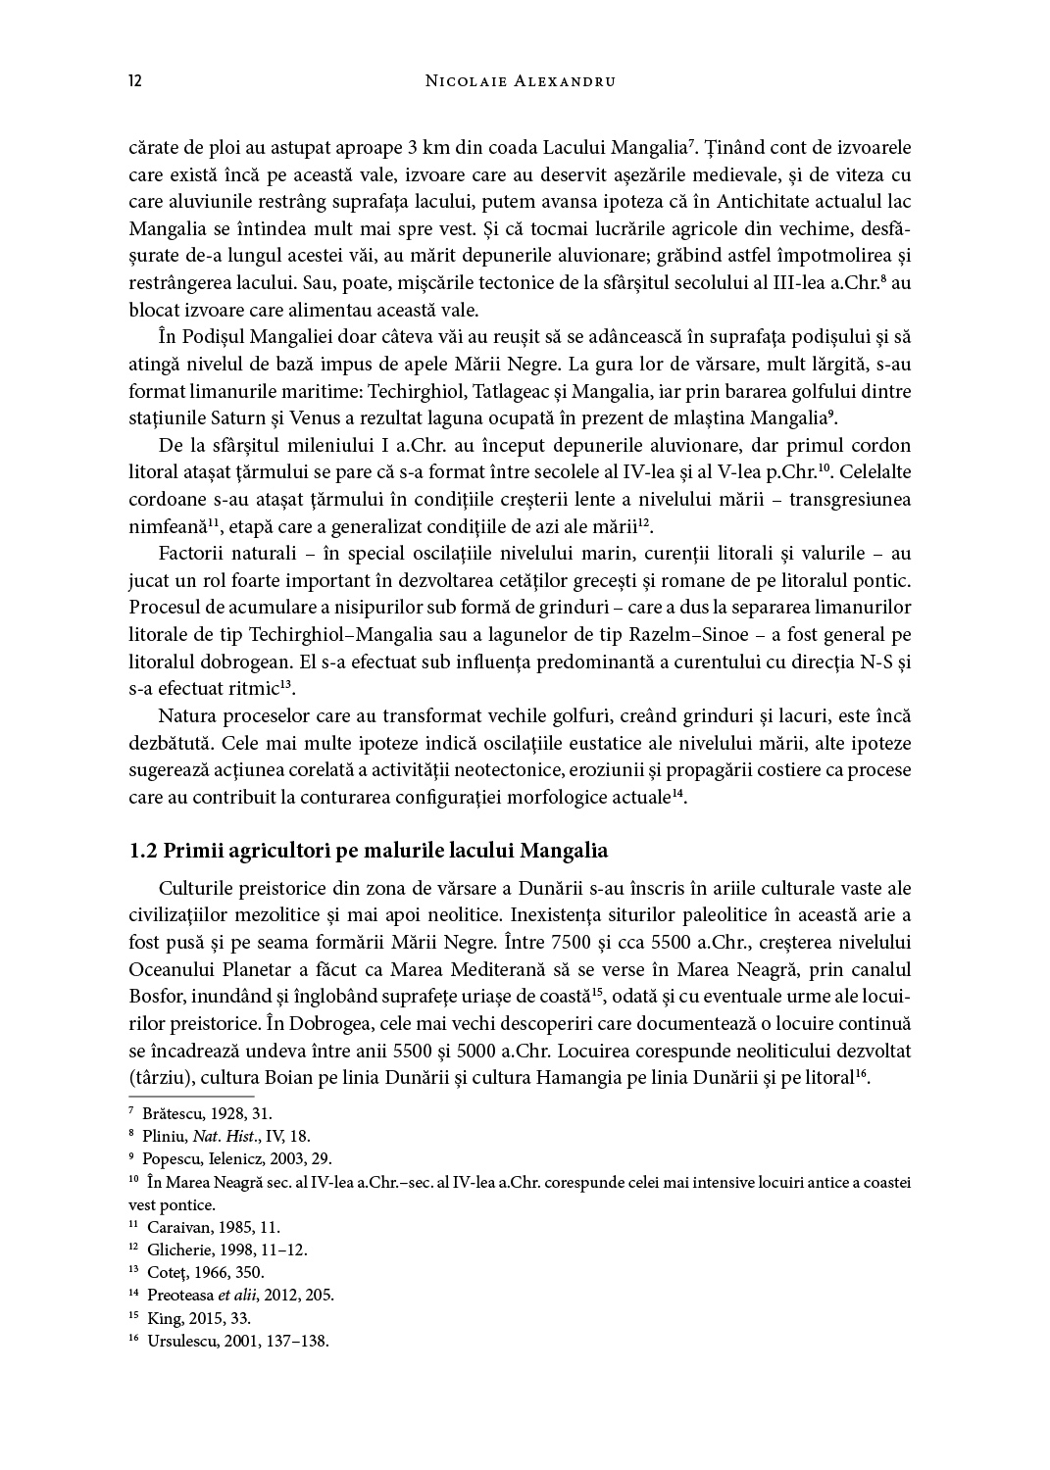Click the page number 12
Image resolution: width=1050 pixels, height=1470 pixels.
pyautogui.click(x=135, y=80)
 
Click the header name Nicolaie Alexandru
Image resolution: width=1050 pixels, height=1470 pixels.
pyautogui.click(x=521, y=81)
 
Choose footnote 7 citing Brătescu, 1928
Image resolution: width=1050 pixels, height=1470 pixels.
pyautogui.click(x=206, y=1113)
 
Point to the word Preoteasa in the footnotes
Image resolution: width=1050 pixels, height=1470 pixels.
pyautogui.click(x=179, y=1295)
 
